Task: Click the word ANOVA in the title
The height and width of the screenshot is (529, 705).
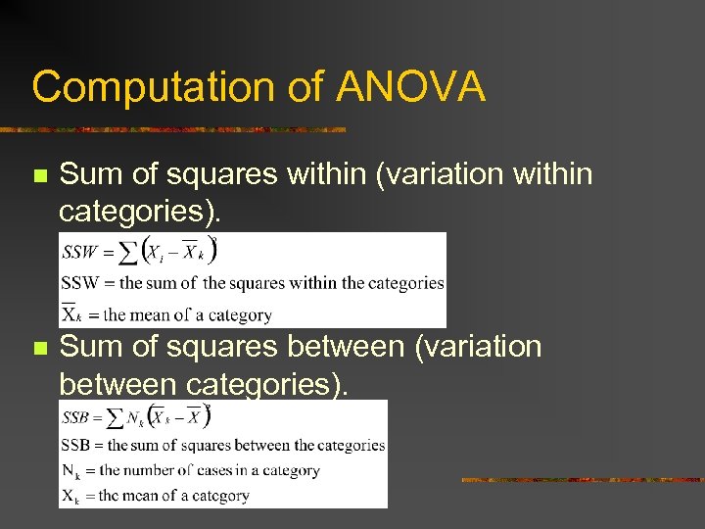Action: click(x=410, y=87)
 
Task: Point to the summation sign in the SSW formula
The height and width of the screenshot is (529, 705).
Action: click(x=127, y=253)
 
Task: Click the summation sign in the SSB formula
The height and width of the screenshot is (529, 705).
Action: click(x=116, y=418)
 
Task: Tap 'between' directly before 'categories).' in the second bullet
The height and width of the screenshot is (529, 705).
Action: click(x=117, y=383)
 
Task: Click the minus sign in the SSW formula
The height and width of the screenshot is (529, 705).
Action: click(x=173, y=252)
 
